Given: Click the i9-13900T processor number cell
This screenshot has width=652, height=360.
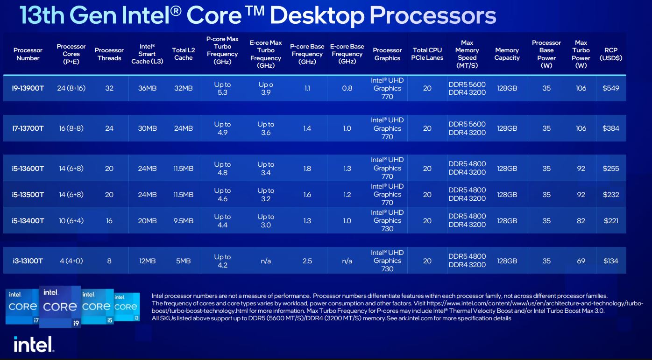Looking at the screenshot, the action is coord(28,88).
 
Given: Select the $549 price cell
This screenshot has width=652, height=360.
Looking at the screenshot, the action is coord(611,88).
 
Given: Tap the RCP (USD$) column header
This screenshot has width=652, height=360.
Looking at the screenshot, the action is coord(611,54).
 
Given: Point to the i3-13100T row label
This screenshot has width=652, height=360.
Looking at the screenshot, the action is coord(28,261).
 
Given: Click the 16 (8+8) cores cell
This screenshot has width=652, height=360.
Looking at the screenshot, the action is coord(71,128).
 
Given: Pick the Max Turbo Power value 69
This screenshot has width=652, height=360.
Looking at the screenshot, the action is coord(581,261).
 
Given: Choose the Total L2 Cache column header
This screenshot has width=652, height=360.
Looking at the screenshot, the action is coord(184,54).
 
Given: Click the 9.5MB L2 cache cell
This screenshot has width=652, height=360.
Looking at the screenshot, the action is coord(184,221).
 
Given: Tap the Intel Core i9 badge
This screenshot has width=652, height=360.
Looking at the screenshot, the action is coord(60,307).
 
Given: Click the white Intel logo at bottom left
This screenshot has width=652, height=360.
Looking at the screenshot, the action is coord(34,344).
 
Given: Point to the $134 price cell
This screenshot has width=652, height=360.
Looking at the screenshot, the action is coord(611,261).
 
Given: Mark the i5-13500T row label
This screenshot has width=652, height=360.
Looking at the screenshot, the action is coord(28,195).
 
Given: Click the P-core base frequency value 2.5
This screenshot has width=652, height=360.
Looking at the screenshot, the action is coord(307,261).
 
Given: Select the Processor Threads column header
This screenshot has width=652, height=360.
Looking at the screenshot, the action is coord(109,54).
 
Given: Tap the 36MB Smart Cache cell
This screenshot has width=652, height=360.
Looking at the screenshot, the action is coord(147,88).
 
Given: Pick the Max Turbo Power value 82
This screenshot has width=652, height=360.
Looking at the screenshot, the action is coord(581,221).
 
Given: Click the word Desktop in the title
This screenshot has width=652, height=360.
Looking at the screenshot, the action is coord(317,16).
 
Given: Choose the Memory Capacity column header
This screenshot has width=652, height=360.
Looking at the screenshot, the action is coord(507,54).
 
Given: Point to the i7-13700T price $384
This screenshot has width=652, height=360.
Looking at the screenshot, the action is coord(611,128).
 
